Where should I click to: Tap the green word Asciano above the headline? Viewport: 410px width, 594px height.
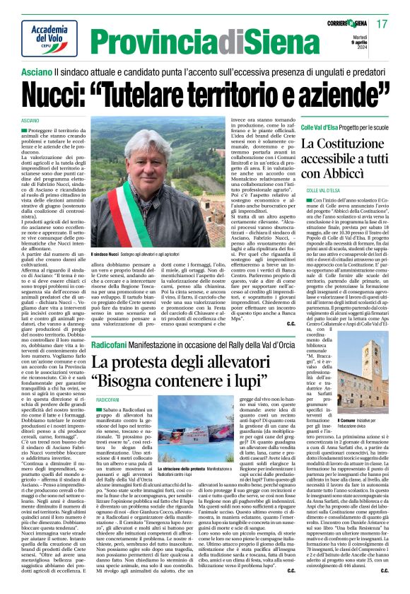[x=35, y=73]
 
